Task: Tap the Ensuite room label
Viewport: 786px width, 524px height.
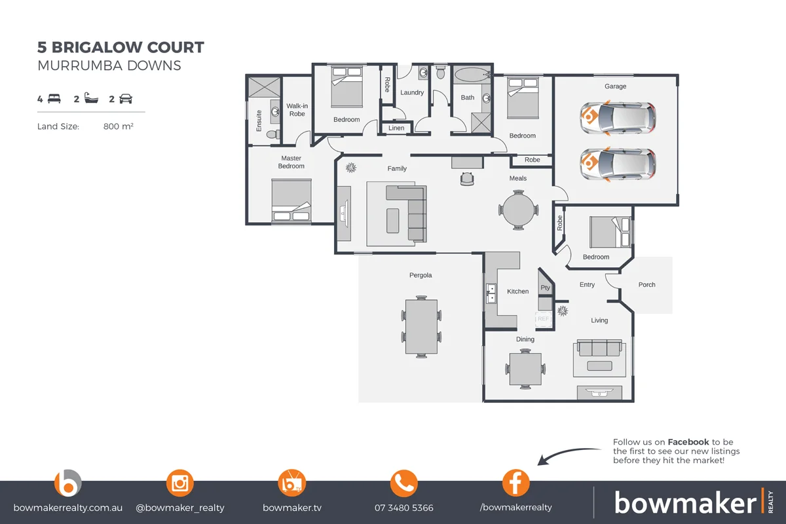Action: coord(259,121)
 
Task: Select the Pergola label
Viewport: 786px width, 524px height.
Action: coord(421,275)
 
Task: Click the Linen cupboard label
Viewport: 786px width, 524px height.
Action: coord(396,128)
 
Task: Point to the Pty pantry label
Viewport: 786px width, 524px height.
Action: coord(545,288)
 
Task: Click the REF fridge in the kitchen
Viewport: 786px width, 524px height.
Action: coord(543,319)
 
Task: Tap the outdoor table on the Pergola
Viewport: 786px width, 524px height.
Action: coord(421,326)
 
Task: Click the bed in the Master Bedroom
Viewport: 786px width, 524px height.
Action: coord(291,202)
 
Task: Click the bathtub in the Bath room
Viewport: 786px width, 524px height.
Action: coord(472,75)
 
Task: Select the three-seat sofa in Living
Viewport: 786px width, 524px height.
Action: coord(597,347)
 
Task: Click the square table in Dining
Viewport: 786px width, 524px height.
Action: coord(526,369)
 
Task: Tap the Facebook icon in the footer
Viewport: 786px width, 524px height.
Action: coord(515,483)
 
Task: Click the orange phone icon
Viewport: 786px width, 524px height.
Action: coord(403,483)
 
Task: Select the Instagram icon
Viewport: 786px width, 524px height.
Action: coord(180,483)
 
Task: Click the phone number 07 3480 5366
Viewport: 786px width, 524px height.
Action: coord(403,508)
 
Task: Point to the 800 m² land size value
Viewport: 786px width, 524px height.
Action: coord(119,126)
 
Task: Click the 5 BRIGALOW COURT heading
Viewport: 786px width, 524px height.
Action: coord(121,48)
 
